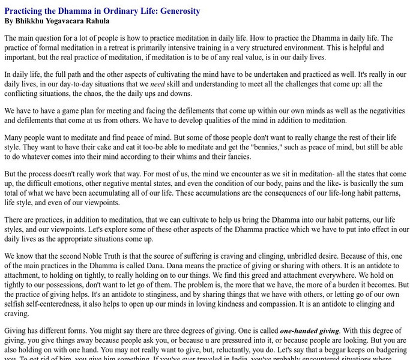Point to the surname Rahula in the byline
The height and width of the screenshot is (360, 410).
(x=97, y=20)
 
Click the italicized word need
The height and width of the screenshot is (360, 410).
(x=157, y=85)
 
